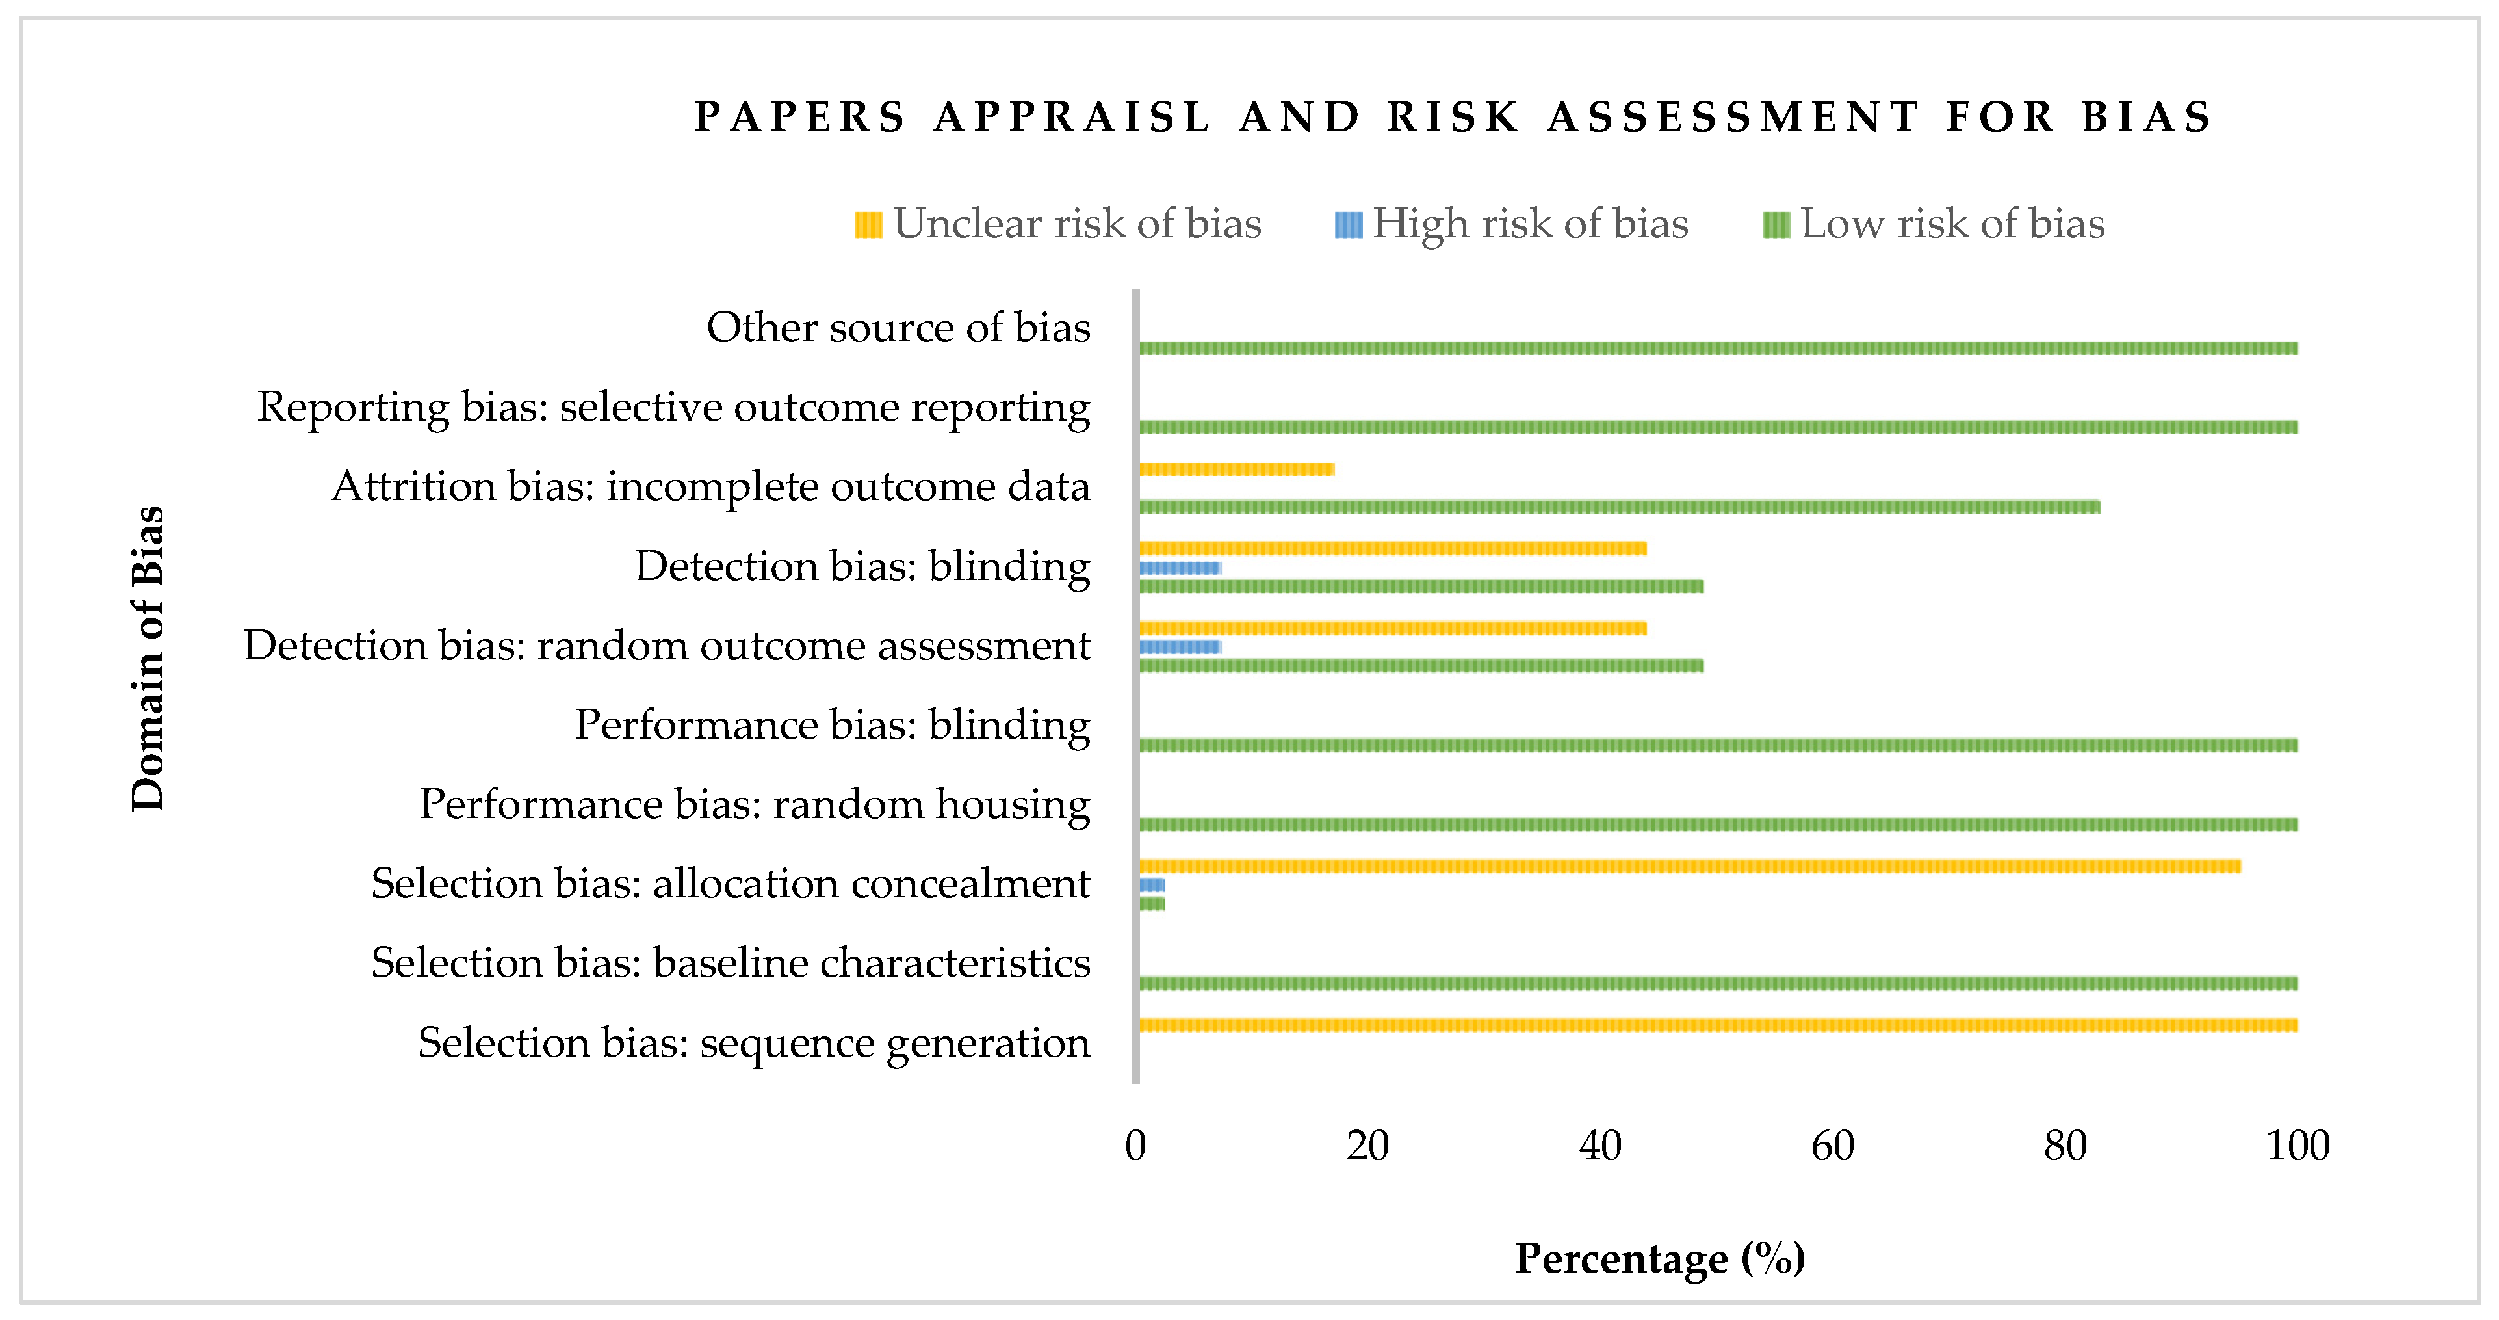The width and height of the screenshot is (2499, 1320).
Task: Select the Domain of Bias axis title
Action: [148, 658]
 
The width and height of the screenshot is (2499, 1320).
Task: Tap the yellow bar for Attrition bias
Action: [1236, 469]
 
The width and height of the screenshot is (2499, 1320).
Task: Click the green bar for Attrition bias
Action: [1618, 507]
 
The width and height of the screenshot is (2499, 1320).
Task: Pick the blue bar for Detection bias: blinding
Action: [1180, 568]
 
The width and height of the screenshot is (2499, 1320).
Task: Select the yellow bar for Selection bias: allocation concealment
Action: [1689, 865]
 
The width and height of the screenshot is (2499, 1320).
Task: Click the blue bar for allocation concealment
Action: [1152, 885]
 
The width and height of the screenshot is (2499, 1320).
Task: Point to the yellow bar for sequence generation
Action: [1717, 1025]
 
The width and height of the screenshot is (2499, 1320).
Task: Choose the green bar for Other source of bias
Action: [1717, 349]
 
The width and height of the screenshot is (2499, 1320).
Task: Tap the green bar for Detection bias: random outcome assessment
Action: [1420, 666]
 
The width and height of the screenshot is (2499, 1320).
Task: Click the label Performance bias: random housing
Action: [754, 804]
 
